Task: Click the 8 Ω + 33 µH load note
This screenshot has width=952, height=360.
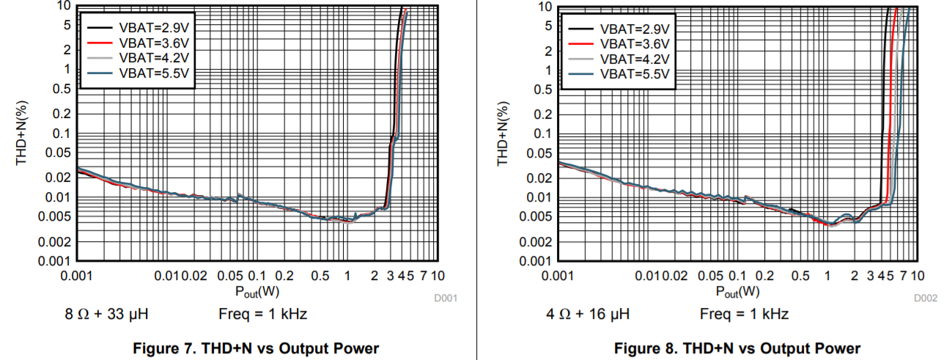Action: pyautogui.click(x=108, y=315)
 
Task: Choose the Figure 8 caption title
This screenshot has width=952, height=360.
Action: pyautogui.click(x=737, y=348)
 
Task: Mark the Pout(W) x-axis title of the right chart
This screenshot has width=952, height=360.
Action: pyautogui.click(x=738, y=291)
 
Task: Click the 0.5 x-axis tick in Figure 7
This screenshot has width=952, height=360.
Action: pyautogui.click(x=320, y=276)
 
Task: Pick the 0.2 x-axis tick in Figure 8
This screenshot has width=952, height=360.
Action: pyautogui.click(x=765, y=276)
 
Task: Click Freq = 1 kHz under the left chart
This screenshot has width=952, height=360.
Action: pyautogui.click(x=262, y=315)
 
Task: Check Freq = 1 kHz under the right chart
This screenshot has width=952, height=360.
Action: pyautogui.click(x=744, y=315)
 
